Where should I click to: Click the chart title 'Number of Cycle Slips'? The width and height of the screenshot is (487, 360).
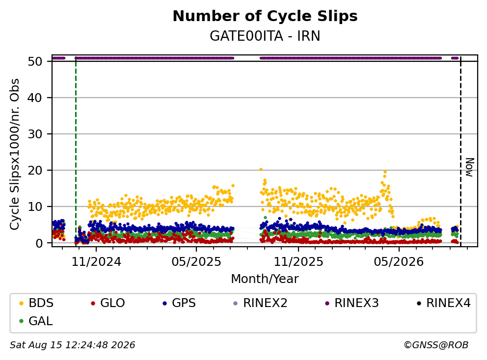[265, 16]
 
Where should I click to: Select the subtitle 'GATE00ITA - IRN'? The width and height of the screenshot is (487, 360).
[265, 36]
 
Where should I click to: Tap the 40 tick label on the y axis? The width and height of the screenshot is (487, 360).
[35, 98]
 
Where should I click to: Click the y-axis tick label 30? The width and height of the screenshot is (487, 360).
[35, 134]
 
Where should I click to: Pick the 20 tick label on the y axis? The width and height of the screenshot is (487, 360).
[35, 170]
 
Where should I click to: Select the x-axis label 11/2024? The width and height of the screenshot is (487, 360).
[96, 262]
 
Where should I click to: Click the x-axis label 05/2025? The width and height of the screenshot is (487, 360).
[196, 262]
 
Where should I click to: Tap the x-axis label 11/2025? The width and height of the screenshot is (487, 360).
[298, 262]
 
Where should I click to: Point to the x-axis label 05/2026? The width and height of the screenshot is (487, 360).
[399, 262]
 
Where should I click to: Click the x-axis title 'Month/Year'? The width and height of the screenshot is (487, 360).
[265, 279]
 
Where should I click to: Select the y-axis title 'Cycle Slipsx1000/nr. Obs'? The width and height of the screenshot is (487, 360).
[15, 154]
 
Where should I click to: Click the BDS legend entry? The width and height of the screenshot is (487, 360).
[36, 303]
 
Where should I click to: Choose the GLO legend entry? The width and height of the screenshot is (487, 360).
[108, 303]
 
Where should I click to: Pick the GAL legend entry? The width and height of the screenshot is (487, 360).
[36, 321]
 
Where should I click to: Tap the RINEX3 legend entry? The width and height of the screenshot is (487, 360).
[352, 303]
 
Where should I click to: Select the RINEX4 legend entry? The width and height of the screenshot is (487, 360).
[443, 303]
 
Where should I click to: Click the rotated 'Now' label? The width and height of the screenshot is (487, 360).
[470, 168]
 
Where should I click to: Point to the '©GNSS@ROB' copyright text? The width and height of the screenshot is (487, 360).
[436, 345]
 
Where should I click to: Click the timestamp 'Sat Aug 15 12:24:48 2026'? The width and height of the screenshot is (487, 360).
[72, 345]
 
